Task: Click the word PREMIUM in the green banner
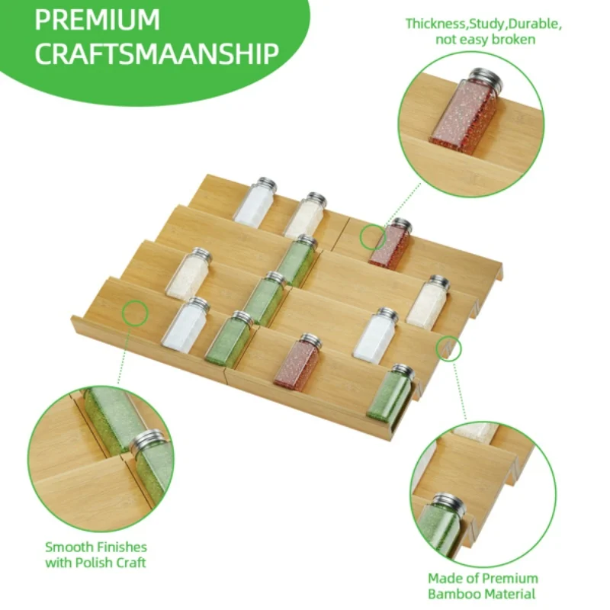[x=98, y=20]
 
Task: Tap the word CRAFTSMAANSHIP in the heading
[x=157, y=53]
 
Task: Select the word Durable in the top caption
[x=535, y=24]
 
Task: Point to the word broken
[x=513, y=40]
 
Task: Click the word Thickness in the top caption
[x=435, y=24]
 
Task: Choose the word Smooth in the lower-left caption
[x=69, y=547]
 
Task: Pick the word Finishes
[x=121, y=547]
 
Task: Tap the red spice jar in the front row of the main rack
[x=298, y=360]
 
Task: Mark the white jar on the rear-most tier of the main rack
[x=255, y=203]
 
